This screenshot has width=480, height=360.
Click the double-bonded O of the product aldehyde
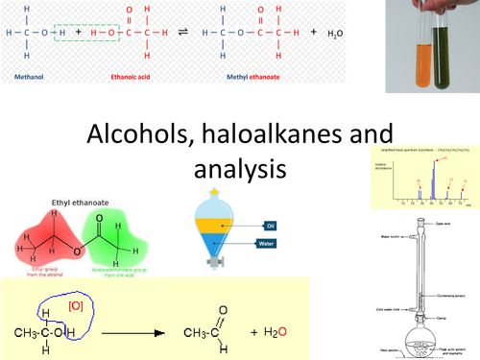coord(223,312)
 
